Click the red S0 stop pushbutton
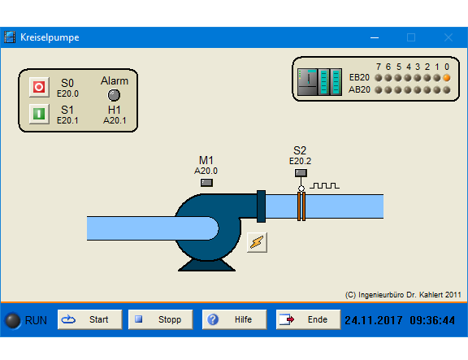coord(39,87)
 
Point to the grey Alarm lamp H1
coord(114,95)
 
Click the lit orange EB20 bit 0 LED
coord(447,78)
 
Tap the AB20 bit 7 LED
coord(379,90)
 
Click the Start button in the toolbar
coord(90,319)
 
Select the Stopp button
coord(161,319)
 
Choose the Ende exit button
coord(308,319)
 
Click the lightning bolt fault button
coord(257,242)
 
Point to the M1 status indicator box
coord(206,182)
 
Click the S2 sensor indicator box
coord(301,173)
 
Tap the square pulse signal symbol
coord(324,185)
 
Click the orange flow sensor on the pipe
coord(301,206)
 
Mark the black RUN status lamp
coord(13,321)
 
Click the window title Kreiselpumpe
coord(50,37)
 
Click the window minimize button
coord(375,37)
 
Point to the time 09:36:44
coord(432,320)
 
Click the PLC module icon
coord(319,82)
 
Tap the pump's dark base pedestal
coord(206,265)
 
